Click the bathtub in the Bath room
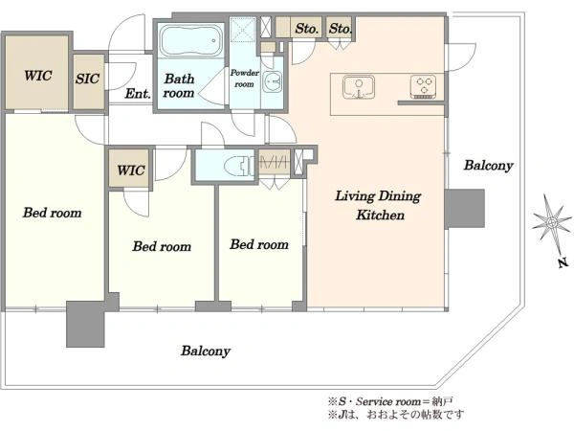tap(191, 40)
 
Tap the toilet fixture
tap(238, 164)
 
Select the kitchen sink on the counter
tap(359, 87)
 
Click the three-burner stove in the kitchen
tap(423, 87)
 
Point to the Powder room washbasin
tap(273, 81)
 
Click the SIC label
tap(87, 79)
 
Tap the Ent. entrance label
tap(138, 94)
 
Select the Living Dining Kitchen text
tap(379, 205)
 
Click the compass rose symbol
tap(552, 222)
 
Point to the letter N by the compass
tap(563, 262)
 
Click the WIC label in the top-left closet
tap(37, 76)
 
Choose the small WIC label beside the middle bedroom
tap(131, 170)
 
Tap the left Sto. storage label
tap(307, 28)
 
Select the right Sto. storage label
tap(340, 28)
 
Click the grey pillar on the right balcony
tap(465, 209)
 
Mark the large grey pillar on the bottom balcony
tap(85, 324)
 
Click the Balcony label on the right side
tap(488, 166)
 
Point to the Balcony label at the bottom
tap(206, 351)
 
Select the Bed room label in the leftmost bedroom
tap(52, 213)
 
